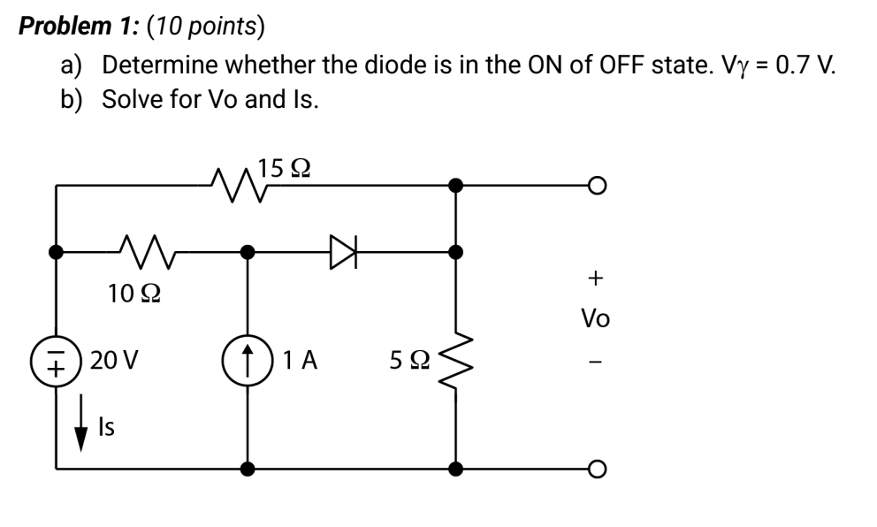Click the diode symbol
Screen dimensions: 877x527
pyautogui.click(x=343, y=252)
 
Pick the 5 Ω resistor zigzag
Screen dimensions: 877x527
pyautogui.click(x=456, y=361)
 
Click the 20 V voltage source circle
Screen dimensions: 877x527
pyautogui.click(x=56, y=361)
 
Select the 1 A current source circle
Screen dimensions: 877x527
pyautogui.click(x=248, y=361)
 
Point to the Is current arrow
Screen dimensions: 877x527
pyautogui.click(x=81, y=423)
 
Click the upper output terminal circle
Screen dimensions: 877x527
pyautogui.click(x=598, y=185)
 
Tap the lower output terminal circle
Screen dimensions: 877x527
pyautogui.click(x=598, y=469)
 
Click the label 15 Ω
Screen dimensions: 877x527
pyautogui.click(x=284, y=168)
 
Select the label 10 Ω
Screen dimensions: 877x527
pyautogui.click(x=134, y=294)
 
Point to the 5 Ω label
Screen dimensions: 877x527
pyautogui.click(x=410, y=360)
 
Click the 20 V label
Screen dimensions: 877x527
pyautogui.click(x=113, y=360)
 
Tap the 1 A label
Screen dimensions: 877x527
pyautogui.click(x=300, y=360)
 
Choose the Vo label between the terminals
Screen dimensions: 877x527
pyautogui.click(x=595, y=318)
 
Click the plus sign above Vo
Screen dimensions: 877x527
pyautogui.click(x=596, y=278)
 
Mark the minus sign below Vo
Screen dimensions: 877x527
pyautogui.click(x=596, y=363)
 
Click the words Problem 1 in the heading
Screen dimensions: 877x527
pyautogui.click(x=75, y=27)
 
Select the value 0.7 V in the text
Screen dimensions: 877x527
pyautogui.click(x=806, y=65)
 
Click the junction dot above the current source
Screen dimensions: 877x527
pyautogui.click(x=248, y=252)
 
